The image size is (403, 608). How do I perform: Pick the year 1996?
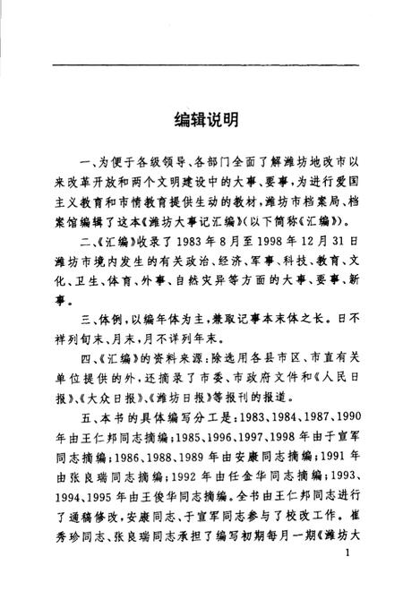(206, 438)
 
